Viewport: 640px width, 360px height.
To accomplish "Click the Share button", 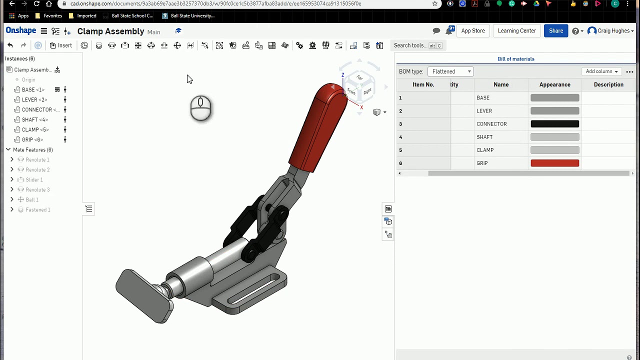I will click(x=555, y=31).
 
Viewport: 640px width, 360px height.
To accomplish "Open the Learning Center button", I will click(x=516, y=31).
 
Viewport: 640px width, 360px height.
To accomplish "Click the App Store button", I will click(x=472, y=31).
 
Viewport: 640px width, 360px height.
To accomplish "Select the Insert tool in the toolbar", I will click(x=60, y=45).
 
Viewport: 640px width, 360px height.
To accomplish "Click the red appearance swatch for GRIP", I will click(x=554, y=163).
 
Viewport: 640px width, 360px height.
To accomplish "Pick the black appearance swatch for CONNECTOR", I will click(x=554, y=124).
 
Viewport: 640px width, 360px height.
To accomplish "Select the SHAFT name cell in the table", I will click(x=484, y=137).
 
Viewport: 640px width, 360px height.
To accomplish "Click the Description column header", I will click(x=608, y=84).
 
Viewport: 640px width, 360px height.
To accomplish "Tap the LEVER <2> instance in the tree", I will click(x=34, y=99).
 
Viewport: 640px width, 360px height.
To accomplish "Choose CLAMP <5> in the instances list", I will click(x=34, y=129).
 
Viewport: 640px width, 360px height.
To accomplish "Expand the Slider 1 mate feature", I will click(x=12, y=179).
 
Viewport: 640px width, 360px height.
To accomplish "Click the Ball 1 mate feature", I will click(x=31, y=199).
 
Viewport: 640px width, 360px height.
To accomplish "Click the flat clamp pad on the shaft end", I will click(x=142, y=295).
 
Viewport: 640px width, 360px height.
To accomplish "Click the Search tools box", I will click(x=410, y=45).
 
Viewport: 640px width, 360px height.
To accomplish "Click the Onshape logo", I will click(x=21, y=31).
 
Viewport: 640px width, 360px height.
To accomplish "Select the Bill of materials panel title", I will click(x=515, y=59).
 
